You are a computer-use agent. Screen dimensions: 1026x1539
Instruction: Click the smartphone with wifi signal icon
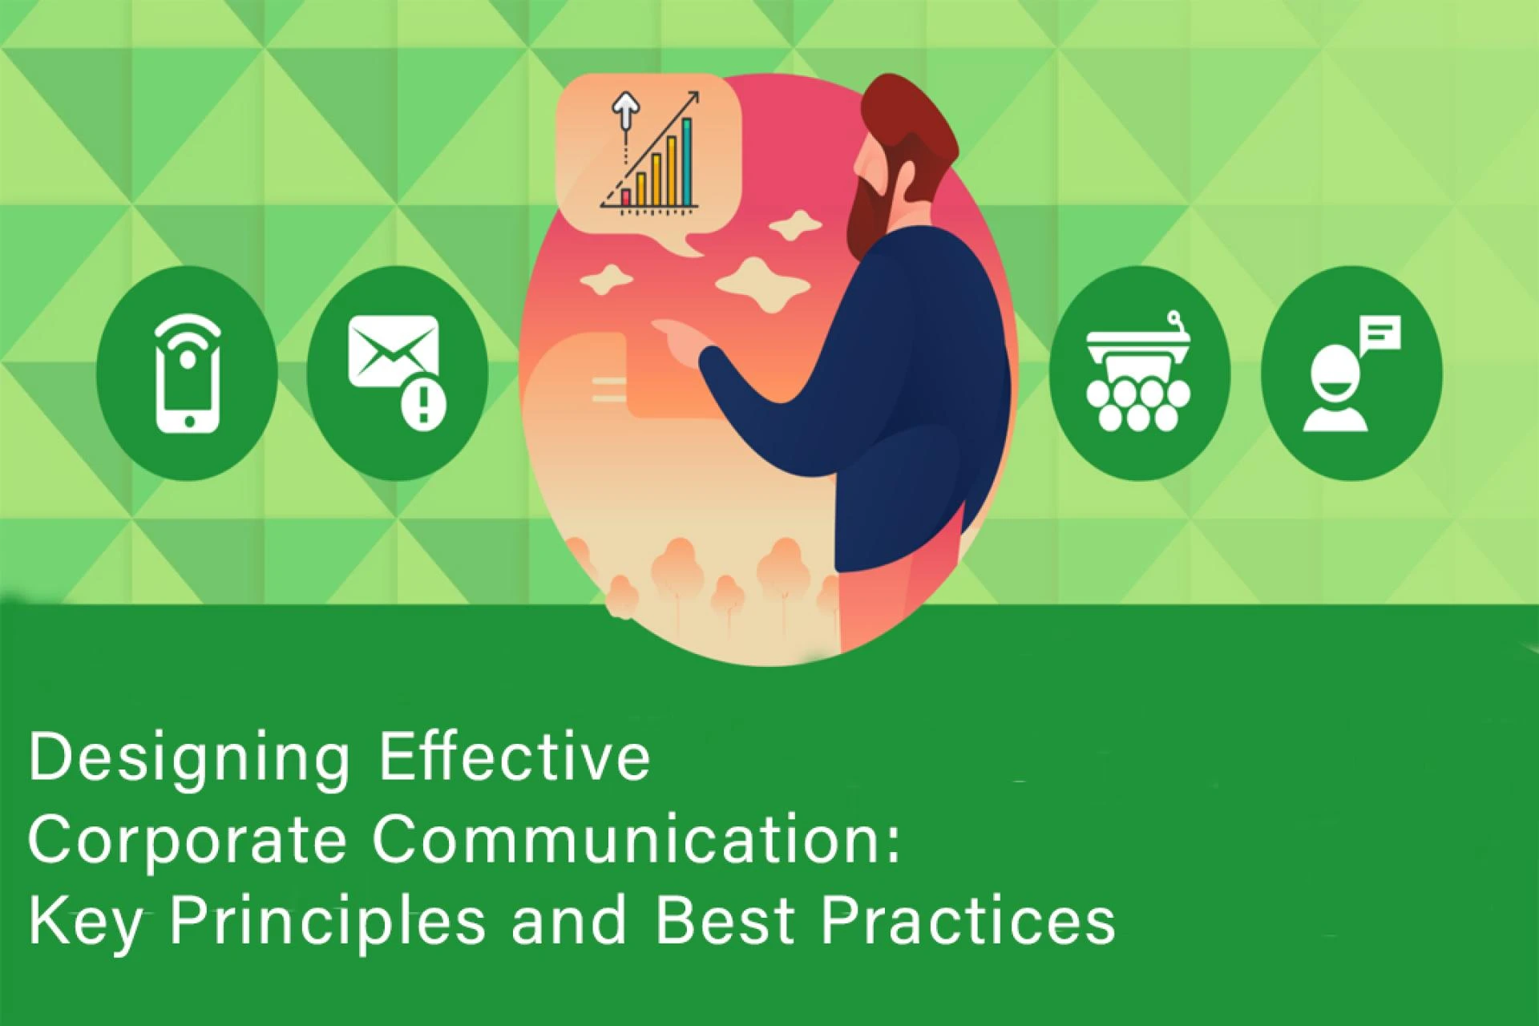point(187,374)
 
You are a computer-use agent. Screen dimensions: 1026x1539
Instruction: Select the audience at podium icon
point(1138,374)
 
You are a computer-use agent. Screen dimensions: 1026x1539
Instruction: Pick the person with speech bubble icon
point(1351,374)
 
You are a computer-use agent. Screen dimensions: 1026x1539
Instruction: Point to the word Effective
point(514,757)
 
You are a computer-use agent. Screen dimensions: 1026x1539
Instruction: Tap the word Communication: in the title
point(636,839)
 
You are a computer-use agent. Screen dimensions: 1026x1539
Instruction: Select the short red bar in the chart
point(626,196)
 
